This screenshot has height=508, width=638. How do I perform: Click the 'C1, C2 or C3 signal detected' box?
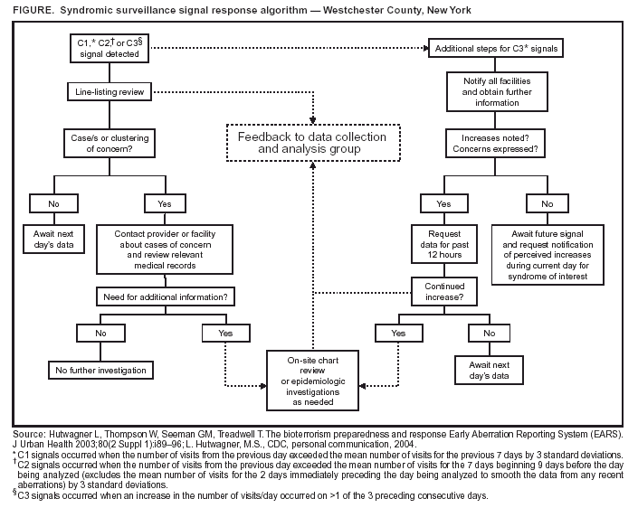click(107, 47)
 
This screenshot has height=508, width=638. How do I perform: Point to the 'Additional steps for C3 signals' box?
click(496, 47)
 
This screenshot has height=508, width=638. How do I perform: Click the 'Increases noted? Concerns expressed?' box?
click(496, 143)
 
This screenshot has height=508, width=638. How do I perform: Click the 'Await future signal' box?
click(548, 255)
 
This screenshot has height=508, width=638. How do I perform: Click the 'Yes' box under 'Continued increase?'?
click(398, 333)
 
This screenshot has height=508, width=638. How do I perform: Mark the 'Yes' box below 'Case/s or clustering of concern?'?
click(164, 204)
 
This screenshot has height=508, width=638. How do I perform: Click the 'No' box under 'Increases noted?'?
click(548, 204)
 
